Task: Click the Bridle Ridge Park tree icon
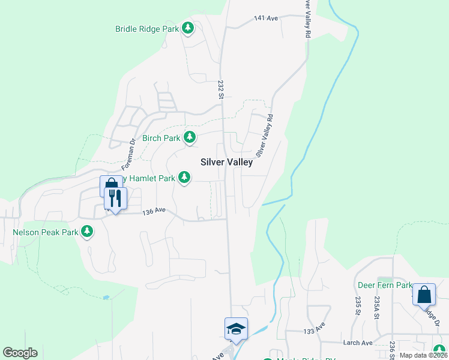[x=188, y=28]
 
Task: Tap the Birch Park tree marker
[x=190, y=137]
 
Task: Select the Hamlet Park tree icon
[x=184, y=178]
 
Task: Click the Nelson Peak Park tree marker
[x=87, y=231]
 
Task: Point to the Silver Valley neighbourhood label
[x=227, y=162]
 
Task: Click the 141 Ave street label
[x=266, y=19]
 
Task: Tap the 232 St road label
[x=220, y=90]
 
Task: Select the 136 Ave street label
[x=154, y=211]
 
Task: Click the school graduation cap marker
[x=236, y=329]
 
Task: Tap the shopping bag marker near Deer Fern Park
[x=424, y=295]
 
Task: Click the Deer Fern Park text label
[x=385, y=285]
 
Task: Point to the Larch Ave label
[x=358, y=343]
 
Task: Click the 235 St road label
[x=358, y=305]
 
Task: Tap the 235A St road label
[x=377, y=306]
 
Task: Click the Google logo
[x=20, y=353]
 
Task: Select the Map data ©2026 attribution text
[x=423, y=355]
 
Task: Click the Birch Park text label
[x=161, y=138]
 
